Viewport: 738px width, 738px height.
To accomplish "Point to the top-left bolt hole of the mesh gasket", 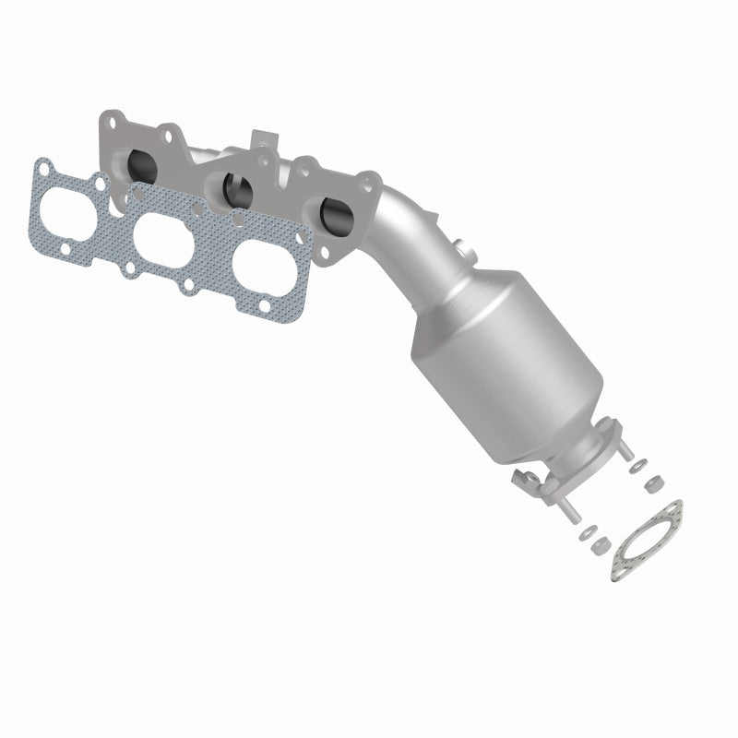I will click(x=42, y=166).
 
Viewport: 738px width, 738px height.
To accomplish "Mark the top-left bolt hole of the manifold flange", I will click(x=111, y=121).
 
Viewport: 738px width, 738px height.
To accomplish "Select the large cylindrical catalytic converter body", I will click(x=503, y=351).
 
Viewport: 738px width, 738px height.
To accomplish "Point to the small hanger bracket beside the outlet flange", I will click(x=523, y=479).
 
